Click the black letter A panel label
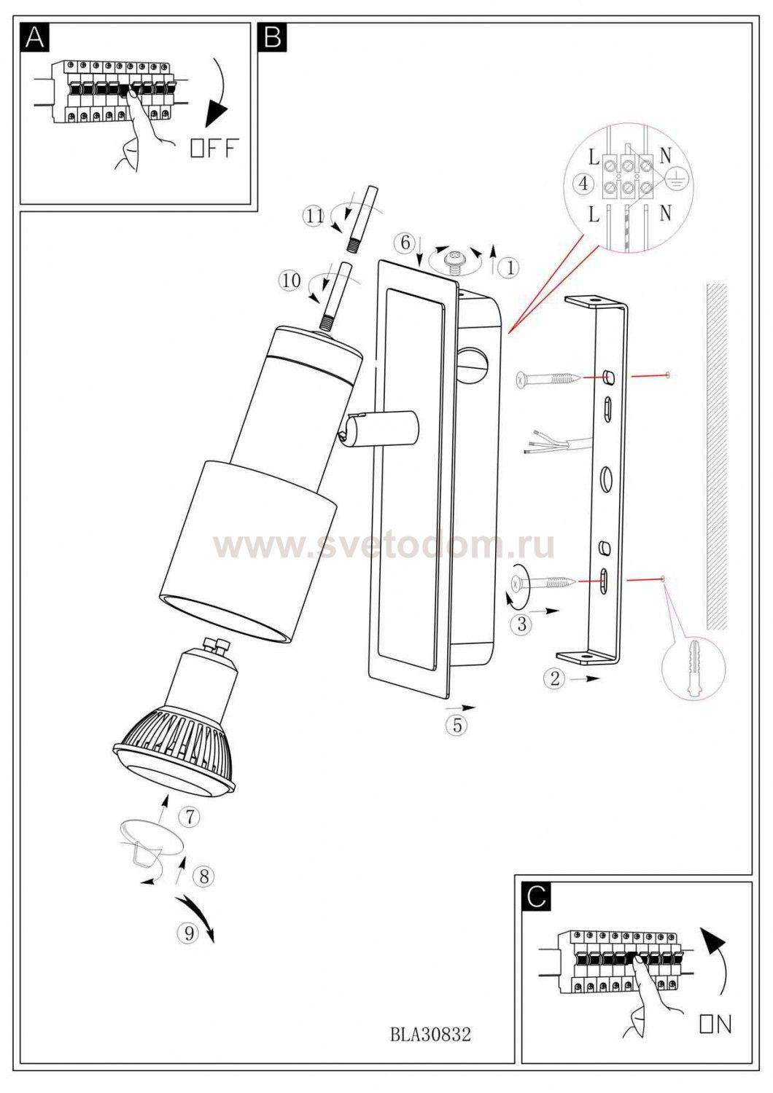click(x=35, y=36)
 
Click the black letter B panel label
click(x=273, y=36)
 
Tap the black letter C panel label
click(x=537, y=898)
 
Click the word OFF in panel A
click(x=215, y=148)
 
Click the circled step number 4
click(x=585, y=184)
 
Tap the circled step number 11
click(x=315, y=215)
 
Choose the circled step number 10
click(x=290, y=281)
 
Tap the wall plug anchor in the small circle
click(x=694, y=667)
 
